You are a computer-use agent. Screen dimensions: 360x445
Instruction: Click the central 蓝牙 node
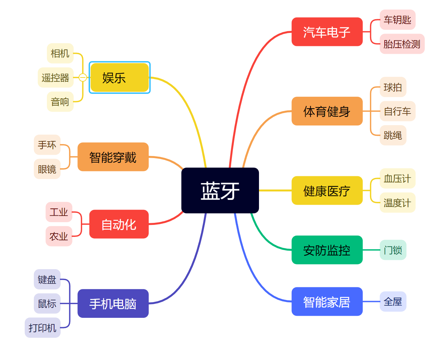coord(220,190)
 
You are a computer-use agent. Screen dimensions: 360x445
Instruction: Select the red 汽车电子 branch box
coord(327,32)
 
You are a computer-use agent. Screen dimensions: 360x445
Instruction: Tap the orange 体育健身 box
coord(327,111)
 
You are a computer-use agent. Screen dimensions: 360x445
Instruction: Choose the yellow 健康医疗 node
coord(327,191)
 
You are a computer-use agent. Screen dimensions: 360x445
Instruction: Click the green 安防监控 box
coord(327,250)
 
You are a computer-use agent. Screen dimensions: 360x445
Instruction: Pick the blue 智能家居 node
coord(327,302)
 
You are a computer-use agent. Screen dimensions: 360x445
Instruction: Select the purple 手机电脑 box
coord(113,303)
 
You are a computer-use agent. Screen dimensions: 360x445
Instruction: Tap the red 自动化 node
coord(119,224)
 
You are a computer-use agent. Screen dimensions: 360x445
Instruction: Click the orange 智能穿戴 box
coord(113,157)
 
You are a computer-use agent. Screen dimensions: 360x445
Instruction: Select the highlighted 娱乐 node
coord(119,77)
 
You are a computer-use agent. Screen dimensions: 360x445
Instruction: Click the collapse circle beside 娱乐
coord(83,77)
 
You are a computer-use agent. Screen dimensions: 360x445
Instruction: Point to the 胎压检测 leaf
coord(402,44)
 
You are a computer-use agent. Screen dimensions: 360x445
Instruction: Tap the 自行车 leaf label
coord(397,111)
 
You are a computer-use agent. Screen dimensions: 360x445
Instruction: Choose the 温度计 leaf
coord(397,203)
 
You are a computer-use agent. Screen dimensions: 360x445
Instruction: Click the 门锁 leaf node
coord(393,250)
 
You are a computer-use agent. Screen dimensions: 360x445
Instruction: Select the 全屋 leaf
coord(393,301)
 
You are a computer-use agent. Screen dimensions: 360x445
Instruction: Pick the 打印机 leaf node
coord(42,328)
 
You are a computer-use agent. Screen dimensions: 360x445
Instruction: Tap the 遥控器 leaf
coord(55,77)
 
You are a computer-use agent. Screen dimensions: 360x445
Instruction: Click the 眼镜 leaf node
coord(47,169)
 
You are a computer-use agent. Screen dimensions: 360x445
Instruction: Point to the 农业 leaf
coord(59,236)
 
